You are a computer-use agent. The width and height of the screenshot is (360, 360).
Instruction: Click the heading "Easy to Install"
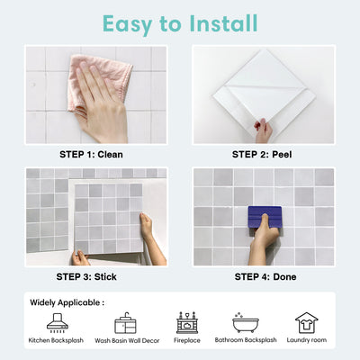[x=180, y=22]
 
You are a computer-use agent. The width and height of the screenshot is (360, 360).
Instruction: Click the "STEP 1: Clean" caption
[x=95, y=154]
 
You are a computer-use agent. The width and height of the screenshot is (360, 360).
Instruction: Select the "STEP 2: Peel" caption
[x=264, y=154]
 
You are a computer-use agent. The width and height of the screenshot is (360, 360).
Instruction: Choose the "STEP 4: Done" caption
[x=264, y=275]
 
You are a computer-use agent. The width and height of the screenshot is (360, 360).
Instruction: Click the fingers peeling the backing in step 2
[x=264, y=130]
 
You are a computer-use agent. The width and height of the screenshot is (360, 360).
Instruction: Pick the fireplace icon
[x=186, y=322]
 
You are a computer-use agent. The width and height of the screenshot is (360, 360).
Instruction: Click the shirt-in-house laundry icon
[x=306, y=322]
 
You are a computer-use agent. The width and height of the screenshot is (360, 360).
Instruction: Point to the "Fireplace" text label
[x=186, y=342]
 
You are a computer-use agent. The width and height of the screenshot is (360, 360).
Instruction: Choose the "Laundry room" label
[x=306, y=342]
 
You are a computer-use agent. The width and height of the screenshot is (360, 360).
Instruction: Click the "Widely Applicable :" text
[x=66, y=302]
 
